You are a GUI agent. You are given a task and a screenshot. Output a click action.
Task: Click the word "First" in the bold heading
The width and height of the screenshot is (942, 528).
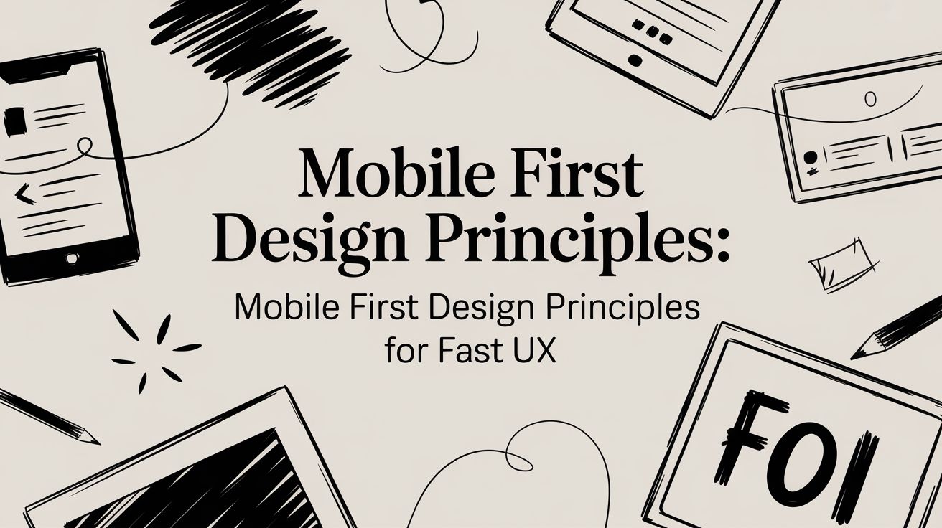pos(576,174)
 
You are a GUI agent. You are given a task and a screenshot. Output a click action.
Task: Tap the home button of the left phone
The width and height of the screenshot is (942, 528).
pos(72,258)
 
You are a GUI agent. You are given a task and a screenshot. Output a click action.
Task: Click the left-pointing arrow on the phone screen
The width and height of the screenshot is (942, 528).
pos(25,194)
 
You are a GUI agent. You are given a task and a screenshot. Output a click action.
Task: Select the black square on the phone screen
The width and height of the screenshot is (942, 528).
pos(15,121)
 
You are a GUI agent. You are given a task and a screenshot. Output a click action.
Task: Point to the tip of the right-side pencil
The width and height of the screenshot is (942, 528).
pos(851,359)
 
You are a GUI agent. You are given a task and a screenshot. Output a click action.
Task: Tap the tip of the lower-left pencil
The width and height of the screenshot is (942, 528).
pos(99,443)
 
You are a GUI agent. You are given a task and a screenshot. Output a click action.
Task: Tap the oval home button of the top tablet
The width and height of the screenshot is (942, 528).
pos(635,60)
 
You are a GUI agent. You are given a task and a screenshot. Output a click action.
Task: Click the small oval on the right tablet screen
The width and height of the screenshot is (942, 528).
pos(870,100)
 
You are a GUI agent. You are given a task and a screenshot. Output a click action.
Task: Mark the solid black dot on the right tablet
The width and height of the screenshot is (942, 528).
pos(810,158)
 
